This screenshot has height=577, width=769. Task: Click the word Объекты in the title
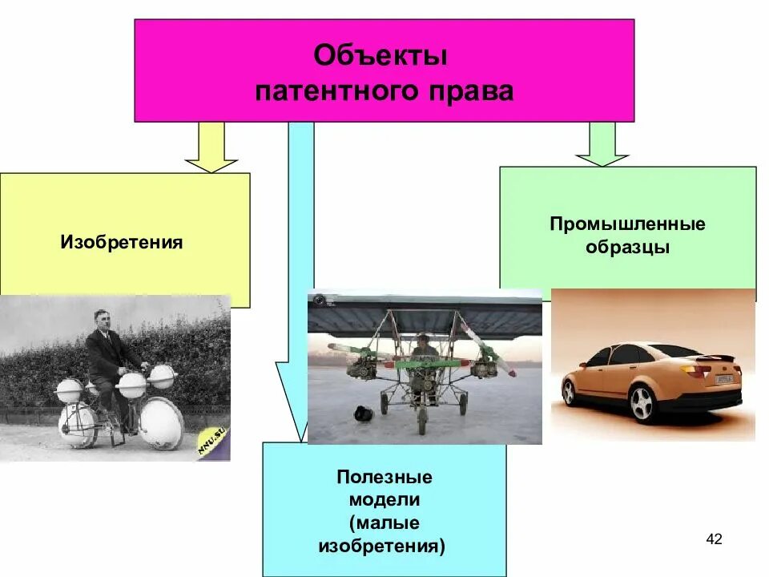click(x=380, y=57)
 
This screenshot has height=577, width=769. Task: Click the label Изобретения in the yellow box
click(x=122, y=242)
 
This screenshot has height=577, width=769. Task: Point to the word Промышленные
click(x=627, y=224)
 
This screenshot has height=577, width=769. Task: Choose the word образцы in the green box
click(x=627, y=248)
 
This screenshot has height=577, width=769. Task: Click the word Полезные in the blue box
click(x=384, y=478)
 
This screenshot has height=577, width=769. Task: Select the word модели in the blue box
click(x=384, y=500)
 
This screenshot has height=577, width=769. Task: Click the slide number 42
click(x=714, y=539)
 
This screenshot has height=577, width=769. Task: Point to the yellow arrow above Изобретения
click(x=211, y=148)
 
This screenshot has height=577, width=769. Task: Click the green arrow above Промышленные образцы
click(x=602, y=145)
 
